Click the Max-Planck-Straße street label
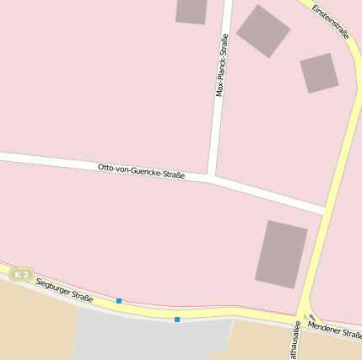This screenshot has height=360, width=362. click(x=223, y=66)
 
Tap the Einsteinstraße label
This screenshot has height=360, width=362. click(x=330, y=21)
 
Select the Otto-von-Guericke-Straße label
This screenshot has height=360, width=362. click(x=142, y=171)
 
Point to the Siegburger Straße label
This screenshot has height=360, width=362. click(x=64, y=290)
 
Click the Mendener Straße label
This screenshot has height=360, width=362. click(x=335, y=330)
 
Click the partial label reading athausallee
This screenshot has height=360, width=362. click(x=295, y=341)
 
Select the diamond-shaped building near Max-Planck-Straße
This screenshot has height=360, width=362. click(x=263, y=31)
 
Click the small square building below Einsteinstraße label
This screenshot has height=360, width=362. click(x=319, y=73)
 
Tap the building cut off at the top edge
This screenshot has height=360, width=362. click(x=192, y=10)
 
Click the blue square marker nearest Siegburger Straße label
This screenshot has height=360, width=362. click(x=119, y=301)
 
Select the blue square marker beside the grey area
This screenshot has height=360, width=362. click(x=177, y=319)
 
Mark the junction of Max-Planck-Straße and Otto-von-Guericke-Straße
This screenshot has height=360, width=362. click(x=211, y=178)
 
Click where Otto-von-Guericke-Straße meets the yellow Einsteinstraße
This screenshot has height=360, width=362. click(x=324, y=210)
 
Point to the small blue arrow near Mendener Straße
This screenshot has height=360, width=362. click(x=312, y=318)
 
